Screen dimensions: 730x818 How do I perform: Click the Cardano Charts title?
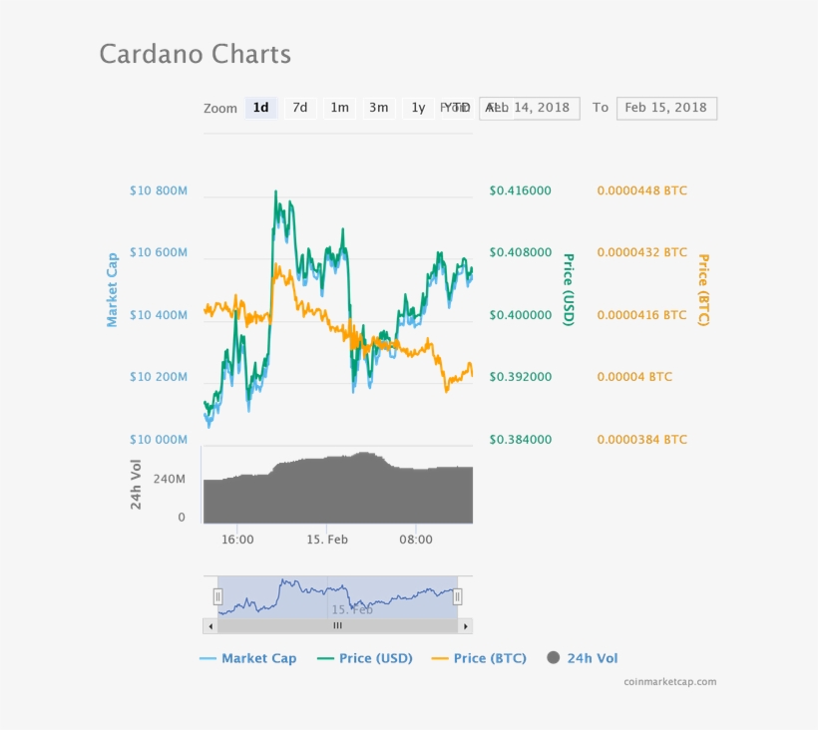[195, 54]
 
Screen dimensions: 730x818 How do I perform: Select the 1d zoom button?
[260, 108]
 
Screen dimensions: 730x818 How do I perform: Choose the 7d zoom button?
[299, 108]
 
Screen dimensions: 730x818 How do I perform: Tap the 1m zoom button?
[339, 108]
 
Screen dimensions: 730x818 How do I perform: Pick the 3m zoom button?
[378, 108]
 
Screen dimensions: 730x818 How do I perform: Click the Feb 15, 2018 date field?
[665, 108]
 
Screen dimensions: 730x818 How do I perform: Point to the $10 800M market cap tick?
[158, 190]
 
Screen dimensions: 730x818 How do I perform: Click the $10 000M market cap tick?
[158, 440]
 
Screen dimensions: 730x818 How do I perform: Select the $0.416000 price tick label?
[520, 190]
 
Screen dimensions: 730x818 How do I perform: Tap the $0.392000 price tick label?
[520, 377]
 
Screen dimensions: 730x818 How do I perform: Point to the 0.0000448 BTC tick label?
[641, 190]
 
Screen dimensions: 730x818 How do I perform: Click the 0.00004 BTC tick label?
[634, 377]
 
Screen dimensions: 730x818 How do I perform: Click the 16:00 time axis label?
[237, 540]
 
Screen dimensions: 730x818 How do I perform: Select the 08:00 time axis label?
[416, 540]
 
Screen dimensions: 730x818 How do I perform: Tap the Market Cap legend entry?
[248, 658]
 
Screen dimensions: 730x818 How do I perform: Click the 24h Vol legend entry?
[583, 658]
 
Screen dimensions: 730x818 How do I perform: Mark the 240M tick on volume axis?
[169, 479]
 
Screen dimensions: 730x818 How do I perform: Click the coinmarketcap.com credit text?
[669, 682]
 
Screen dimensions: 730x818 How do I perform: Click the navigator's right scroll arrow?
[465, 626]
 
